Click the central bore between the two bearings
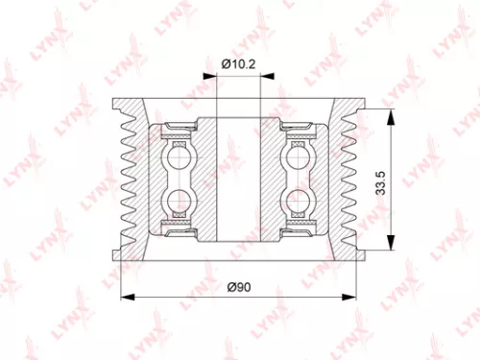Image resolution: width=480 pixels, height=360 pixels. (x=239, y=178)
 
